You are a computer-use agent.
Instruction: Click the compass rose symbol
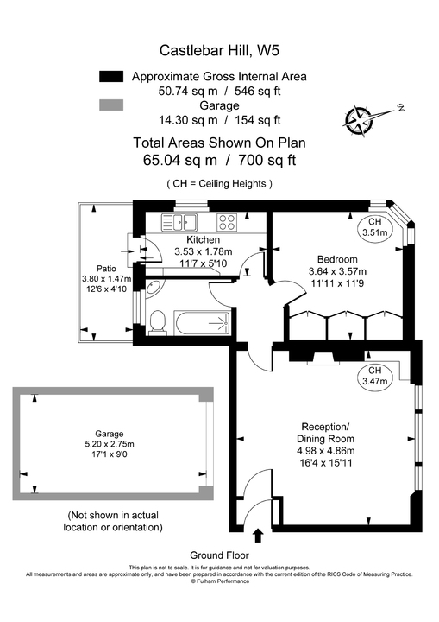click(x=359, y=116)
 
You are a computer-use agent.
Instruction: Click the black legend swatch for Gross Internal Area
click(x=112, y=76)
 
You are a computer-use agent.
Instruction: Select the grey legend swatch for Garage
click(x=112, y=105)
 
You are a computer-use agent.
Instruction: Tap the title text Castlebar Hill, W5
click(x=219, y=53)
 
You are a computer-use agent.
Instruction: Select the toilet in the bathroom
click(x=156, y=322)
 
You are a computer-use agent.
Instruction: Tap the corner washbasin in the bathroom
click(x=153, y=289)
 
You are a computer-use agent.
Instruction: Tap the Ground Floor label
click(x=219, y=555)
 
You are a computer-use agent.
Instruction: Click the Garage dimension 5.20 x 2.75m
click(x=110, y=444)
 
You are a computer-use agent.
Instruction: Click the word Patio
click(x=107, y=268)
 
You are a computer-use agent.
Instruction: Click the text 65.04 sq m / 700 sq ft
click(x=219, y=160)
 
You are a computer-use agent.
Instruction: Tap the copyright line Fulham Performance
click(x=219, y=581)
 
